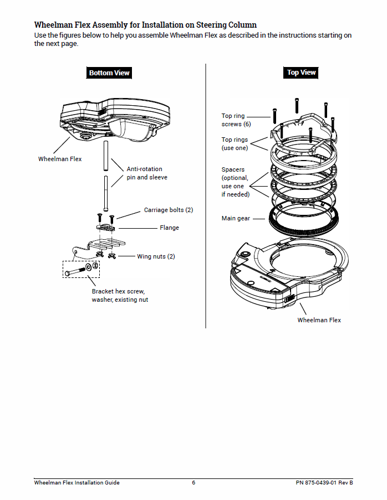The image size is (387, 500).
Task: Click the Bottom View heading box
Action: point(109,73)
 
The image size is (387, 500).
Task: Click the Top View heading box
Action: point(301,73)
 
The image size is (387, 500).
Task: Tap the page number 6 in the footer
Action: point(193,482)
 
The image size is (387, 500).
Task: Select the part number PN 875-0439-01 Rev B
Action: point(324,482)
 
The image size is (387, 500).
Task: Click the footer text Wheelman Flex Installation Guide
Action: point(77,482)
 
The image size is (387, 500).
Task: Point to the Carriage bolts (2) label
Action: point(169,210)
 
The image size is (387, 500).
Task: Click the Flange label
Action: point(169,228)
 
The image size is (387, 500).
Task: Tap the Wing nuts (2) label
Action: point(156,256)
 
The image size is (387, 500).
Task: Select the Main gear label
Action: point(236,219)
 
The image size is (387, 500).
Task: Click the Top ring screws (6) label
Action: point(236,120)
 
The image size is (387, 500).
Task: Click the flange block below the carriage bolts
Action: point(106,228)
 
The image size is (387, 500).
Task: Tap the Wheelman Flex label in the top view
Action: point(319,320)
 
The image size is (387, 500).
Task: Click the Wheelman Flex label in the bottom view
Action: point(60,159)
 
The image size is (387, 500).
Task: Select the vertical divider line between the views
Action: point(206,194)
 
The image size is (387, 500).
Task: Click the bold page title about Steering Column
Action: point(145,25)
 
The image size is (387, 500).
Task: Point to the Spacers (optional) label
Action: point(235,182)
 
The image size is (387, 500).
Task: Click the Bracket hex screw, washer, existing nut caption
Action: point(120,295)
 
